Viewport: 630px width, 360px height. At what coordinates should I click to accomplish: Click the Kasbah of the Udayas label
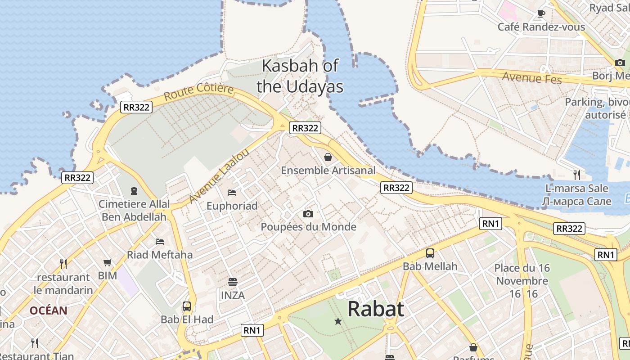pos(300,76)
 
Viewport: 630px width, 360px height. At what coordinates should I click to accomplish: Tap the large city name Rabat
pos(376,309)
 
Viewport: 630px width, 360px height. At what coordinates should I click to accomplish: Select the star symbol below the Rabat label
pos(338,321)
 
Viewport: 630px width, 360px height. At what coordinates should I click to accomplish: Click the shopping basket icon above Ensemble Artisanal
pos(328,157)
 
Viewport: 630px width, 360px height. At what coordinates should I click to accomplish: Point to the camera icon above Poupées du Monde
pos(308,214)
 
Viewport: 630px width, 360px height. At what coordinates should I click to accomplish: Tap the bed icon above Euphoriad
pos(232,193)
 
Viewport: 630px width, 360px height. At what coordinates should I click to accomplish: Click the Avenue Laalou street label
pos(219,176)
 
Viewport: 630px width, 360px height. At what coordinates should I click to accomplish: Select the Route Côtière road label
pos(198,91)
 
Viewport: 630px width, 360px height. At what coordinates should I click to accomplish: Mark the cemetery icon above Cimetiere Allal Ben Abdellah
pos(134,191)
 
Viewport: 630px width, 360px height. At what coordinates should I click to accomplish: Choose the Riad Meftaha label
pos(160,255)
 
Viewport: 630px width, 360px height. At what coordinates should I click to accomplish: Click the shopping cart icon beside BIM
pos(108,262)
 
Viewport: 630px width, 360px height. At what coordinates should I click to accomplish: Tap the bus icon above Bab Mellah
pos(430,253)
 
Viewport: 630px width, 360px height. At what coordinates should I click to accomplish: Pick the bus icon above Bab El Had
pos(187,306)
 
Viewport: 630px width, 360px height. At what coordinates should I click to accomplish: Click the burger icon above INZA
pos(233,282)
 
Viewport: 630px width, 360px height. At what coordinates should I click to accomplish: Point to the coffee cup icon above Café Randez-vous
pos(541,14)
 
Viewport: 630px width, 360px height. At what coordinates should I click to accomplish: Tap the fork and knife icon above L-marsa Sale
pos(577,175)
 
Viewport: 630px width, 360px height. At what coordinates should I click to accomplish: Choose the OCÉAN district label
pos(49,310)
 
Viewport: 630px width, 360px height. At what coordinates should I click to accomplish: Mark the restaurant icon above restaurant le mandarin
pos(63,264)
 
